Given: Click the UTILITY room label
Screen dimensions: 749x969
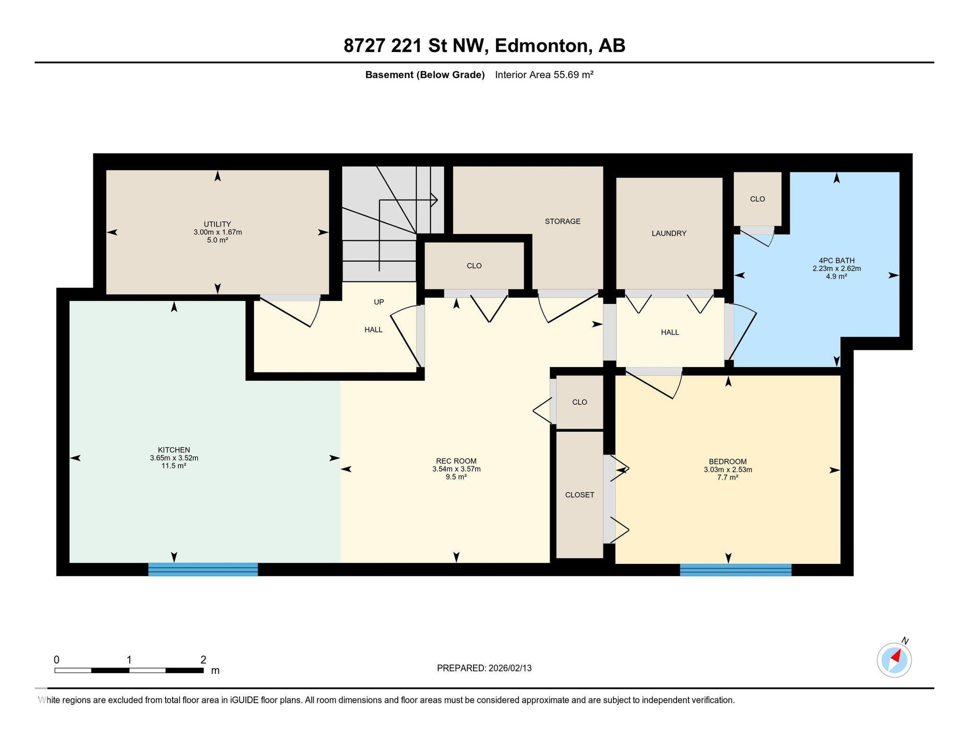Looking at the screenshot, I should [217, 224].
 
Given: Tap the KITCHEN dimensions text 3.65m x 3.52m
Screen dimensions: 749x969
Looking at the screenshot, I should [174, 458].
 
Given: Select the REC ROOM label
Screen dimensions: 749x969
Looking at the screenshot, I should [456, 461].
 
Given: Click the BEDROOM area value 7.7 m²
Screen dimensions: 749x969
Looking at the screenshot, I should [728, 478].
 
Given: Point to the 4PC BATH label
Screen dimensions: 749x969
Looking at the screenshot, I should [837, 260].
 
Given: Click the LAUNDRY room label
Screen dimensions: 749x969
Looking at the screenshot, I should [669, 233].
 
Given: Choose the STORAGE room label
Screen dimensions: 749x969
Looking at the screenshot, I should [563, 221].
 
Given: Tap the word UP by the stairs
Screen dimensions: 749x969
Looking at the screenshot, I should [379, 302].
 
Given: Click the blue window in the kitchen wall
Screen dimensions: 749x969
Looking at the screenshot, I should [203, 569].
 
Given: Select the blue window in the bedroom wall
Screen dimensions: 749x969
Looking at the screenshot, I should [735, 570].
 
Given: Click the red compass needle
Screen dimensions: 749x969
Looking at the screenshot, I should [896, 656].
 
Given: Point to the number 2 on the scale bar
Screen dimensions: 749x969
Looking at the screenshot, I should [203, 660].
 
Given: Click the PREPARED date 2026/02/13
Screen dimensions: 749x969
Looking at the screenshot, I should [510, 668].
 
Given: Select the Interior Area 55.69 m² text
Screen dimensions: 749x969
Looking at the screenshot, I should [544, 75].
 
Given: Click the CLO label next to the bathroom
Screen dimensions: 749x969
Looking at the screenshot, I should [757, 199].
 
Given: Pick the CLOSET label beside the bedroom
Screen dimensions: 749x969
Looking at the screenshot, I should [580, 495].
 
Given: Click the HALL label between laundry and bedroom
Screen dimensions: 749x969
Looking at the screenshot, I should [669, 332].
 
